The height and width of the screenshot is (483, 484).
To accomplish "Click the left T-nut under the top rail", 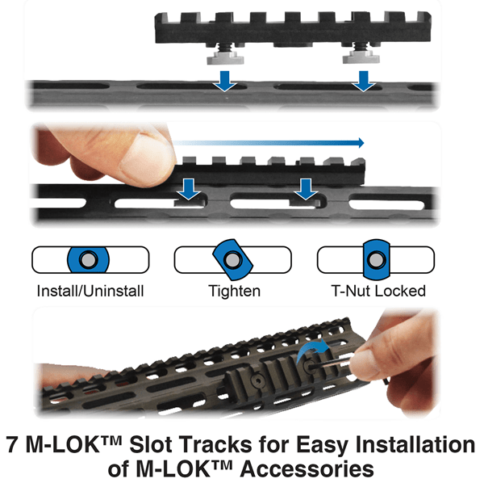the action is click(225, 57).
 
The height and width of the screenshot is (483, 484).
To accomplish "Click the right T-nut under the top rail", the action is click(361, 57).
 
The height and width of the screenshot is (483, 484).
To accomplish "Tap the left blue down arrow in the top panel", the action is click(225, 81).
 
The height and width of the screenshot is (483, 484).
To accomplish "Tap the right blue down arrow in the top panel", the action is click(364, 81).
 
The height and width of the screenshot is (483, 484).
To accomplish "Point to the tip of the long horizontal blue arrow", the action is click(365, 143).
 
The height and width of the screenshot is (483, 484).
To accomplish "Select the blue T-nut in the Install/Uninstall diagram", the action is click(88, 260).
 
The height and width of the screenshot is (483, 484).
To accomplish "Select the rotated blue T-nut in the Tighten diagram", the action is click(233, 259).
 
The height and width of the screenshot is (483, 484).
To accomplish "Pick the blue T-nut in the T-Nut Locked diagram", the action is click(376, 259).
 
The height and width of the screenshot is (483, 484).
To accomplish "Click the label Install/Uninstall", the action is click(90, 291).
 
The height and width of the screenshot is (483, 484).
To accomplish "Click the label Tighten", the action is click(234, 292).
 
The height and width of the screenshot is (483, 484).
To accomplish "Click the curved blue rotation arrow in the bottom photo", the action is click(311, 350).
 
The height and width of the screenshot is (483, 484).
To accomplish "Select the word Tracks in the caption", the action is click(215, 444).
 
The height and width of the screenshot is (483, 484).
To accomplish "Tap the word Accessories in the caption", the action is click(307, 469).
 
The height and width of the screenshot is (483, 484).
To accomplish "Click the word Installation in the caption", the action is click(415, 444).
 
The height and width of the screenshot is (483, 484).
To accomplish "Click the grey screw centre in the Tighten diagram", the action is click(233, 259).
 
